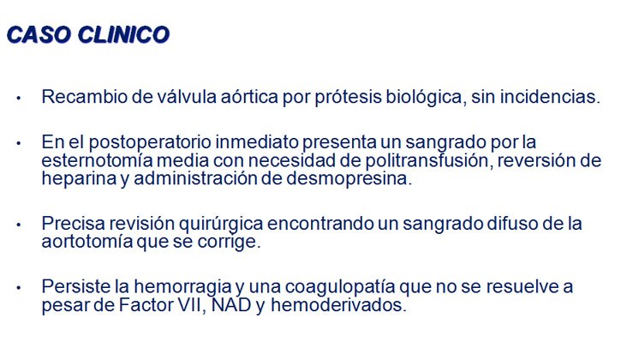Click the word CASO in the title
[x=39, y=34]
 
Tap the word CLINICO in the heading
[x=123, y=34]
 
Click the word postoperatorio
[x=150, y=143]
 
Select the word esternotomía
[x=97, y=160]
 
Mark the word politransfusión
[x=428, y=160]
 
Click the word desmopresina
[x=349, y=179]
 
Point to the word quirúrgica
[x=221, y=224]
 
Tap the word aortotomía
[x=87, y=242]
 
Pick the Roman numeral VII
[x=191, y=305]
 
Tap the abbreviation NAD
[x=231, y=305]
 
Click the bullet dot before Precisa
[x=18, y=225]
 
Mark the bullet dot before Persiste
[x=18, y=287]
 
